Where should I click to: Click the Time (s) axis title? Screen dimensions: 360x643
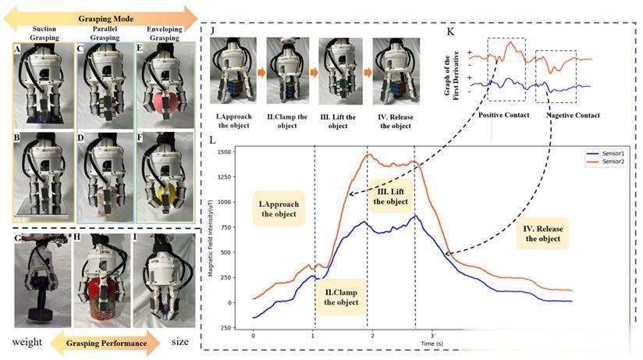click(433, 343)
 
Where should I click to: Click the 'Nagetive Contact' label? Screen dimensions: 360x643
click(573, 116)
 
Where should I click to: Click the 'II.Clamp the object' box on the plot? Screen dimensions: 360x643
click(340, 295)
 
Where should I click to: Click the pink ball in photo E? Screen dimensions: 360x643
click(157, 103)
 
